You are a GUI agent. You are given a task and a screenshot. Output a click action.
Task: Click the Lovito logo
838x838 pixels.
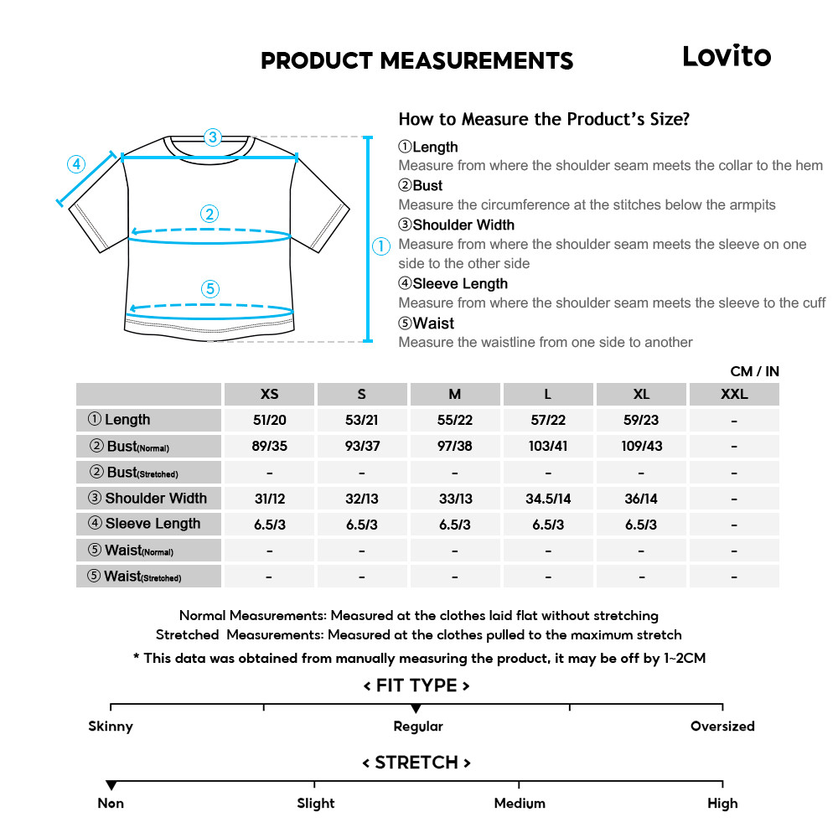[726, 56]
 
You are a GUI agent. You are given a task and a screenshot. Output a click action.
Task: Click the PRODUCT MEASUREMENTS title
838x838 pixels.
[416, 61]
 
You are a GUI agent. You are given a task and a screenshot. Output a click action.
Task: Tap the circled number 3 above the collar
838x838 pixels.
[213, 137]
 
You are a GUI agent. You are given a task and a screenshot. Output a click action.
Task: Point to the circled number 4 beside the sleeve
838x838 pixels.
[76, 164]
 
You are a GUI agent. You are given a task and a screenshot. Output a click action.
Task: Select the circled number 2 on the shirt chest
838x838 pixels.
[210, 214]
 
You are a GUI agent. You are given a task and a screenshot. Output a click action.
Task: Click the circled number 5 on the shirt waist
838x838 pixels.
[210, 289]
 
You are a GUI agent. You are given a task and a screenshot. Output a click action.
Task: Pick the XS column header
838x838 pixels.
[269, 394]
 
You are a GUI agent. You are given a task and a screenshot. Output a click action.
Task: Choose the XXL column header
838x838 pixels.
[734, 394]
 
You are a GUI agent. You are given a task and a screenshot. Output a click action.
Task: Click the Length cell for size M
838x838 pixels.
[455, 420]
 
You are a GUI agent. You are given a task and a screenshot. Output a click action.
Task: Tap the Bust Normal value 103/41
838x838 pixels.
[548, 446]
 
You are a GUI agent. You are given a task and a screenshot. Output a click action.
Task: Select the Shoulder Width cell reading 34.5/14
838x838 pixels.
[548, 499]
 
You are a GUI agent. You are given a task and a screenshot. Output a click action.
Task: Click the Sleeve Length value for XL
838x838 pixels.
[641, 525]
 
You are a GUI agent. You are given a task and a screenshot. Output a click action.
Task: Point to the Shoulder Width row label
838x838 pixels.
[148, 499]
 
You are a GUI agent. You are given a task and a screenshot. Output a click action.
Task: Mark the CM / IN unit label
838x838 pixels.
[754, 371]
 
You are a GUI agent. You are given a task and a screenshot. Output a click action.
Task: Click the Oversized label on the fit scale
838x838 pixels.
[722, 727]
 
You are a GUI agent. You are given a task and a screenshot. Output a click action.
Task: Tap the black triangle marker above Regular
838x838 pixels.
[416, 710]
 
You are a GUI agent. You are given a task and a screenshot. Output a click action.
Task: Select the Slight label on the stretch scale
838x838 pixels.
[315, 804]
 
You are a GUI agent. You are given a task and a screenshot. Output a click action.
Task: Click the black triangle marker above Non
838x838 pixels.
[111, 785]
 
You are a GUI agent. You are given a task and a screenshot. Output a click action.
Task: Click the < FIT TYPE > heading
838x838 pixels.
[416, 685]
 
